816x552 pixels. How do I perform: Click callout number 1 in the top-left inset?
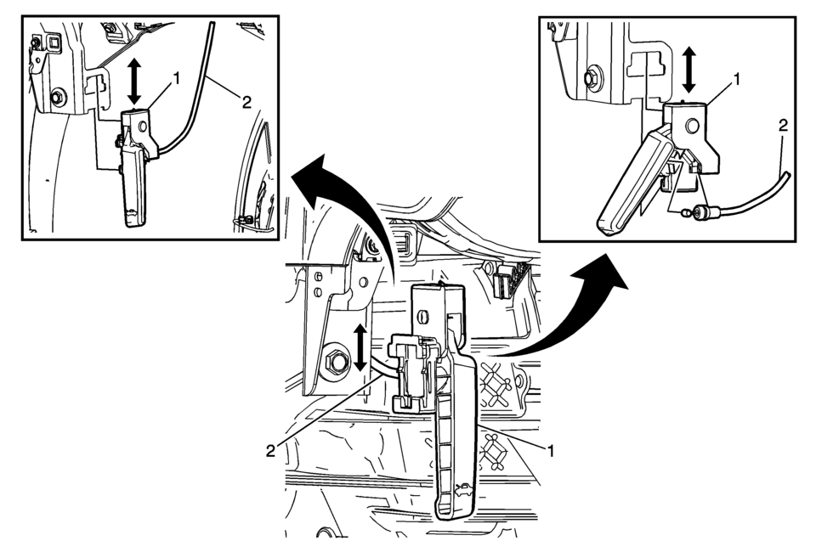pos(176,78)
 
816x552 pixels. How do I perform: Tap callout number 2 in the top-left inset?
pos(246,102)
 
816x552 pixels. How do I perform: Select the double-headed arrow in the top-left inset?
pos(133,82)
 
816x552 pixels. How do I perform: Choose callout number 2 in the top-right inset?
pos(783,126)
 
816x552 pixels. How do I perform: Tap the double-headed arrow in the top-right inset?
pos(689,70)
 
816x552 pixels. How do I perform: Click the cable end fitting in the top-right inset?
pos(705,212)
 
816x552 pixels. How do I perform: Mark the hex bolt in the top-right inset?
pos(591,78)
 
